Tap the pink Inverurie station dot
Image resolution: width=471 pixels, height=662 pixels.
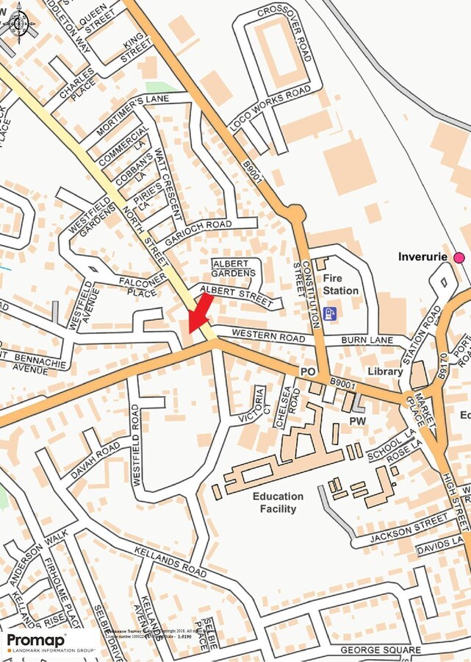459,257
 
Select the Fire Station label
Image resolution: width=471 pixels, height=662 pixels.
341,285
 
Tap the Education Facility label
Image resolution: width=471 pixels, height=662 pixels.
278,502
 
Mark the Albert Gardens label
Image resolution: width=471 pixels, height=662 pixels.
234,268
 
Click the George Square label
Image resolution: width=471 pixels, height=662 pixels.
381,650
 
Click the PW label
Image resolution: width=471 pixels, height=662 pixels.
358,421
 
